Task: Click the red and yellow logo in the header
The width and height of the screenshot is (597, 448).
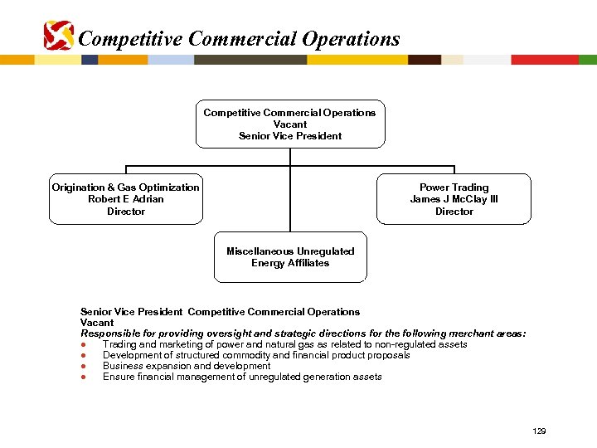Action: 58,36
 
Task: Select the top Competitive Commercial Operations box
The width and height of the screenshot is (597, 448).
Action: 290,124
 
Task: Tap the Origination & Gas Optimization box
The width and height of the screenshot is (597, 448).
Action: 125,199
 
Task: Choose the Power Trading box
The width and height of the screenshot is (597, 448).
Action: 454,199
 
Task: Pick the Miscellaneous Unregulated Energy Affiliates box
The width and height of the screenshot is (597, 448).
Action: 290,257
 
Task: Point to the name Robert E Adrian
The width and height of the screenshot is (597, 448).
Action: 126,199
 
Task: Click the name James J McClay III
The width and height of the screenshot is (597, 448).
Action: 454,199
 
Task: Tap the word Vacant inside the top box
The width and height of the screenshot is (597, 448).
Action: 290,124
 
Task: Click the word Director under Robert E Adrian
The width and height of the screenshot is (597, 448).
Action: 126,212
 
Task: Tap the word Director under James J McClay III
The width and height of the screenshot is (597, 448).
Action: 454,212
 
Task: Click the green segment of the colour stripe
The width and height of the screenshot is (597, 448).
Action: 588,60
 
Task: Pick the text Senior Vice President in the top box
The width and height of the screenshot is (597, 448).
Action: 290,136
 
